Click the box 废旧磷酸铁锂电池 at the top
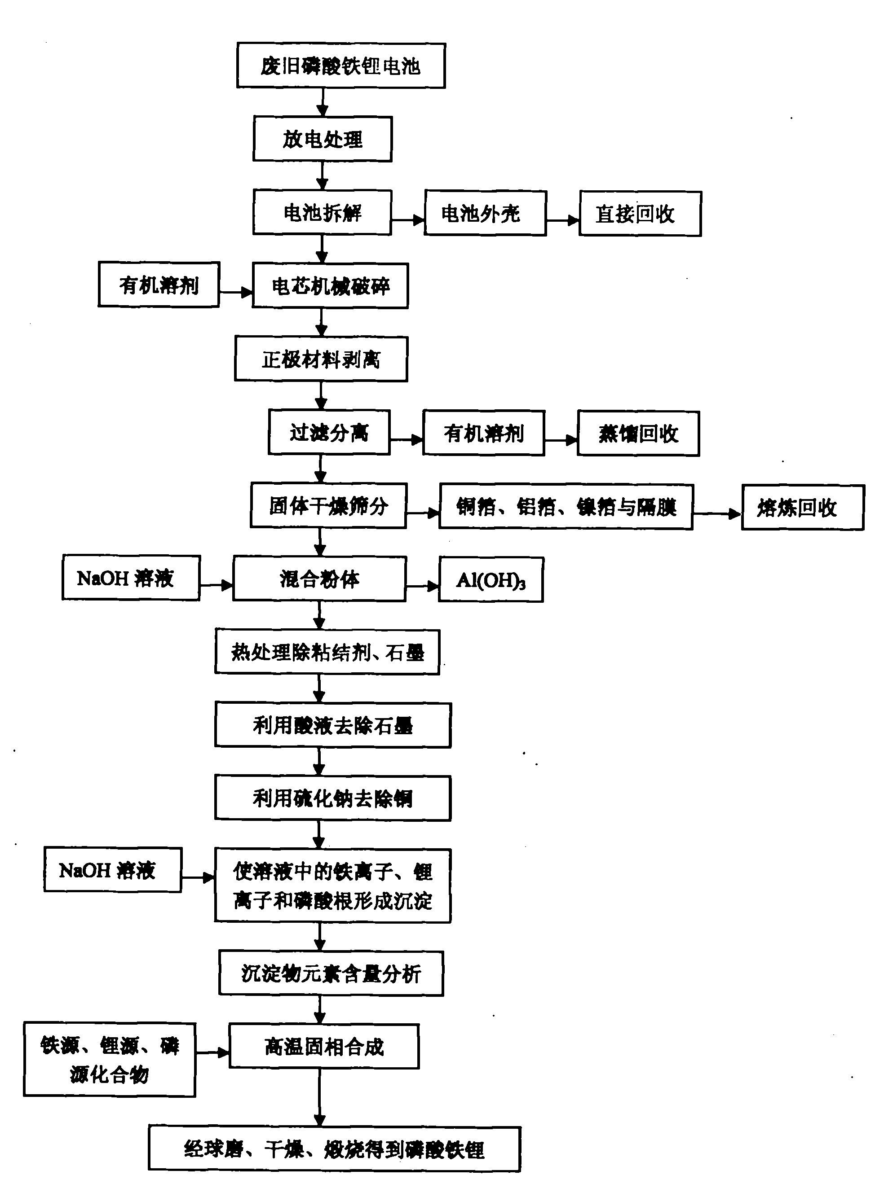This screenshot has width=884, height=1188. [x=341, y=66]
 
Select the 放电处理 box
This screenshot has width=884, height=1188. [x=322, y=139]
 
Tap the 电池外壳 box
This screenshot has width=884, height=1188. [x=485, y=213]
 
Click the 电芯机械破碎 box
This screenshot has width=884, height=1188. [x=330, y=286]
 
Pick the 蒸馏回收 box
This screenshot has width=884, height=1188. [x=638, y=434]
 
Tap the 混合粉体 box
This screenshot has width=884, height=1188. [x=319, y=579]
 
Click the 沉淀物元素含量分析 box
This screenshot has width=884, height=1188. [x=331, y=973]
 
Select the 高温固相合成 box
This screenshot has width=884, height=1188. [x=324, y=1046]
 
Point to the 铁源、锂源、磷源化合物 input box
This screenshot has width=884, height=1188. [x=110, y=1060]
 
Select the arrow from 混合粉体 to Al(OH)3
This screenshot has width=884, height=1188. [x=422, y=587]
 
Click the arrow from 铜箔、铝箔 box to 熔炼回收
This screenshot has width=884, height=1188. [x=717, y=514]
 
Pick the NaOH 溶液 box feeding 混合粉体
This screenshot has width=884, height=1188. [x=131, y=578]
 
